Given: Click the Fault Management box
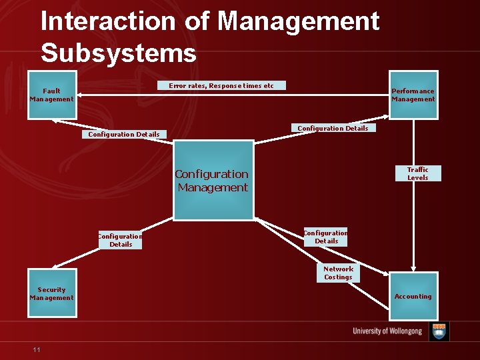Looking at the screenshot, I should pyautogui.click(x=52, y=95).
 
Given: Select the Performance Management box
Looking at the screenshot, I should pyautogui.click(x=413, y=95).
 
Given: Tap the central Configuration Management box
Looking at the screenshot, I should pyautogui.click(x=213, y=180).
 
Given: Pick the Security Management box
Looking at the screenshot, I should pyautogui.click(x=52, y=294).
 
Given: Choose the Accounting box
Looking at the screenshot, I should pyautogui.click(x=413, y=297).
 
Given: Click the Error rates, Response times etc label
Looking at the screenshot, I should pyautogui.click(x=221, y=85).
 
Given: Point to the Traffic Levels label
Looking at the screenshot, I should pyautogui.click(x=418, y=173).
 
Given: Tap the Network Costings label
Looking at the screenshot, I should pyautogui.click(x=339, y=273).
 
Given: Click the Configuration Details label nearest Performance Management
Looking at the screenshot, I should pyautogui.click(x=333, y=128).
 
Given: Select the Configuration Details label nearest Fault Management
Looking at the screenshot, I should pyautogui.click(x=124, y=134).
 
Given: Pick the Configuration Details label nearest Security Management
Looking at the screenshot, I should pyautogui.click(x=120, y=240).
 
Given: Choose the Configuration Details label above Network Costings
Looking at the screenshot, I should pyautogui.click(x=326, y=237).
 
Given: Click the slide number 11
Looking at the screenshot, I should pyautogui.click(x=37, y=350).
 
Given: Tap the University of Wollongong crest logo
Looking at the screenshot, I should pyautogui.click(x=439, y=331).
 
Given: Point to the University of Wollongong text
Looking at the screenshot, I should pyautogui.click(x=387, y=331).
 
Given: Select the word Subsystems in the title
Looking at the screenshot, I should pyautogui.click(x=119, y=52).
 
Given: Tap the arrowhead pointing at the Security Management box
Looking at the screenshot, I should pyautogui.click(x=56, y=266).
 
